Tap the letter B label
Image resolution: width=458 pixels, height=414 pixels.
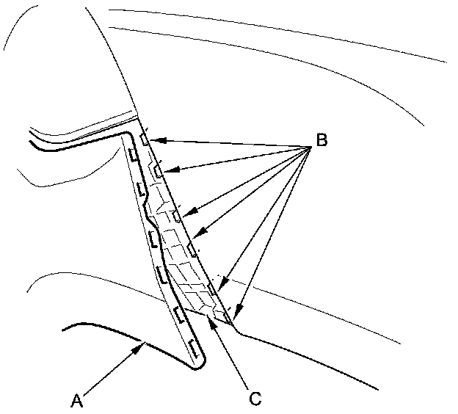(321, 139)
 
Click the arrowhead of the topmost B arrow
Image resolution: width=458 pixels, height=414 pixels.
(152, 138)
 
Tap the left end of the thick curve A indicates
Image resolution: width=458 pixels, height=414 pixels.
(65, 330)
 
